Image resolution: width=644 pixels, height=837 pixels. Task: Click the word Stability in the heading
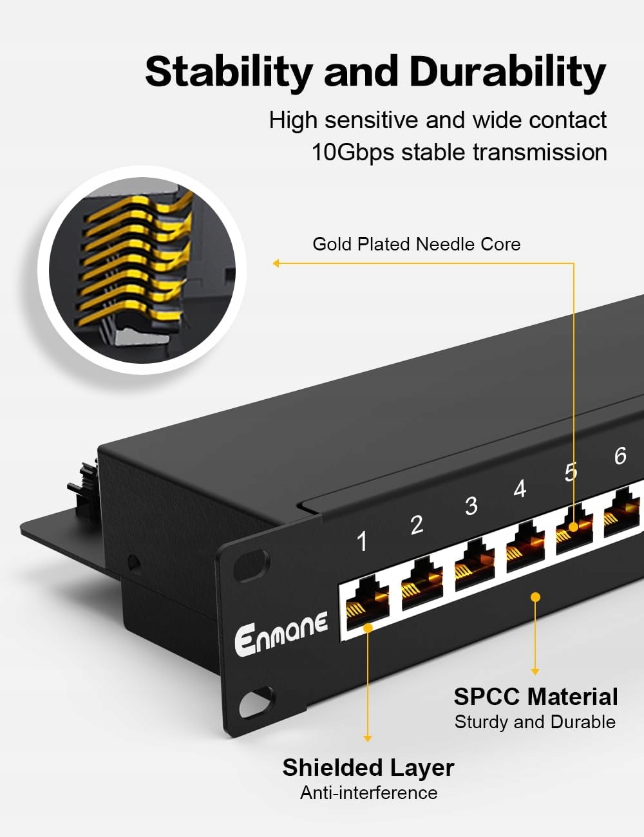(x=229, y=72)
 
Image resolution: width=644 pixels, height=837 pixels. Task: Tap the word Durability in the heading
(x=507, y=72)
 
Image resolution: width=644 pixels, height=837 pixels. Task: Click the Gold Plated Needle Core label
(x=416, y=244)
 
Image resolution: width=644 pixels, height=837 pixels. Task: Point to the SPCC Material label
(x=535, y=697)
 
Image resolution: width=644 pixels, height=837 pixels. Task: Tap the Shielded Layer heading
(x=368, y=767)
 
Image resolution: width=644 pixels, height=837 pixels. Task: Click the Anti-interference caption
(x=368, y=793)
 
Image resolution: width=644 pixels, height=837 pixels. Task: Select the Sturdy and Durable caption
(x=535, y=722)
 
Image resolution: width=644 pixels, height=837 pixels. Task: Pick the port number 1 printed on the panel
(x=362, y=541)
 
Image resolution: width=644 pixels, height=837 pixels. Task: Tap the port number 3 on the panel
(x=471, y=506)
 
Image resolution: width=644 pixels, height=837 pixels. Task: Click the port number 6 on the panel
(x=620, y=456)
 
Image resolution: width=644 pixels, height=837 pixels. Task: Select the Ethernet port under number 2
(x=422, y=584)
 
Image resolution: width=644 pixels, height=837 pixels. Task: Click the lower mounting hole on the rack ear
(x=257, y=702)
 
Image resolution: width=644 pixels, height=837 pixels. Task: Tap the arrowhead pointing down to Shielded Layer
(x=368, y=738)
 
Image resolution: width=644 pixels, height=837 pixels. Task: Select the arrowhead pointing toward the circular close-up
(x=276, y=263)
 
